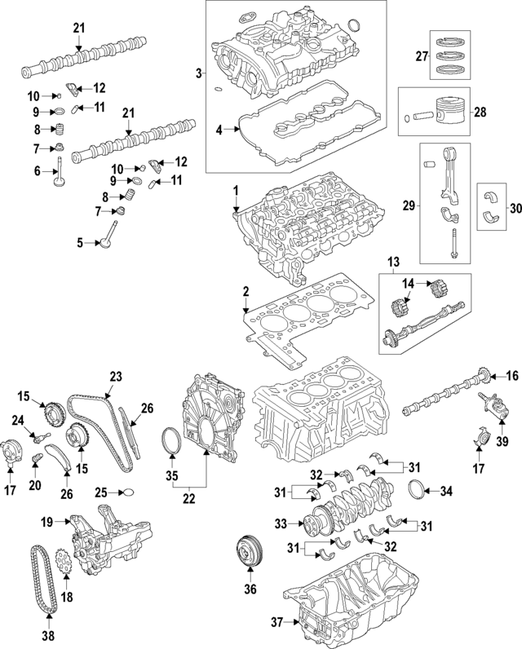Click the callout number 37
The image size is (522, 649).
(x=276, y=623)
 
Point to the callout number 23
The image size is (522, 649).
(x=115, y=377)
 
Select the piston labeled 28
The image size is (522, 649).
(x=441, y=110)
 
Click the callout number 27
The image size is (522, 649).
(x=422, y=55)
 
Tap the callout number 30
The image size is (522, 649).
(x=514, y=208)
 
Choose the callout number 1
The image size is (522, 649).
(x=235, y=190)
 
